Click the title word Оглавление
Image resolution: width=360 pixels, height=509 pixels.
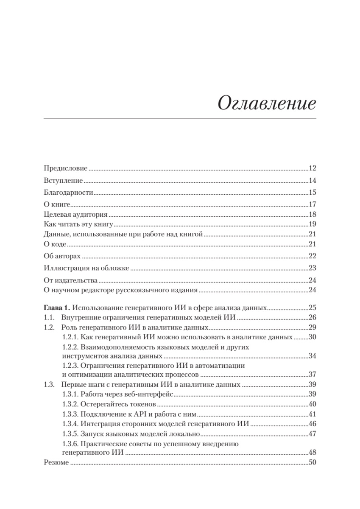click(267, 103)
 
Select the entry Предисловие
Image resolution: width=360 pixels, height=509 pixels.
click(66, 168)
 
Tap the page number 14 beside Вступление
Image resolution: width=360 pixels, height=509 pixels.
click(313, 180)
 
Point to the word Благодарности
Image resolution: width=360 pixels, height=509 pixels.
click(68, 192)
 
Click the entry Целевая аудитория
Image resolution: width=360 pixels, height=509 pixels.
click(70, 214)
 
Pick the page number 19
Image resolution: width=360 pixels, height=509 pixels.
click(313, 224)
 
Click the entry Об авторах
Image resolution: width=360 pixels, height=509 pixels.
click(62, 257)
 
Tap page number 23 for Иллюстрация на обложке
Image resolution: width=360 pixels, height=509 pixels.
click(313, 268)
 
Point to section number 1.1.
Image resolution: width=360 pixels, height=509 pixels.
click(49, 318)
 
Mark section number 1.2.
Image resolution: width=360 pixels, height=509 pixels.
click(49, 327)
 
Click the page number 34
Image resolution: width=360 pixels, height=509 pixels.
click(313, 355)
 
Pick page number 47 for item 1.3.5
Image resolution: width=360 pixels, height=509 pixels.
click(313, 433)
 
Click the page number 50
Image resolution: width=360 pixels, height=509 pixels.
click(313, 462)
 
